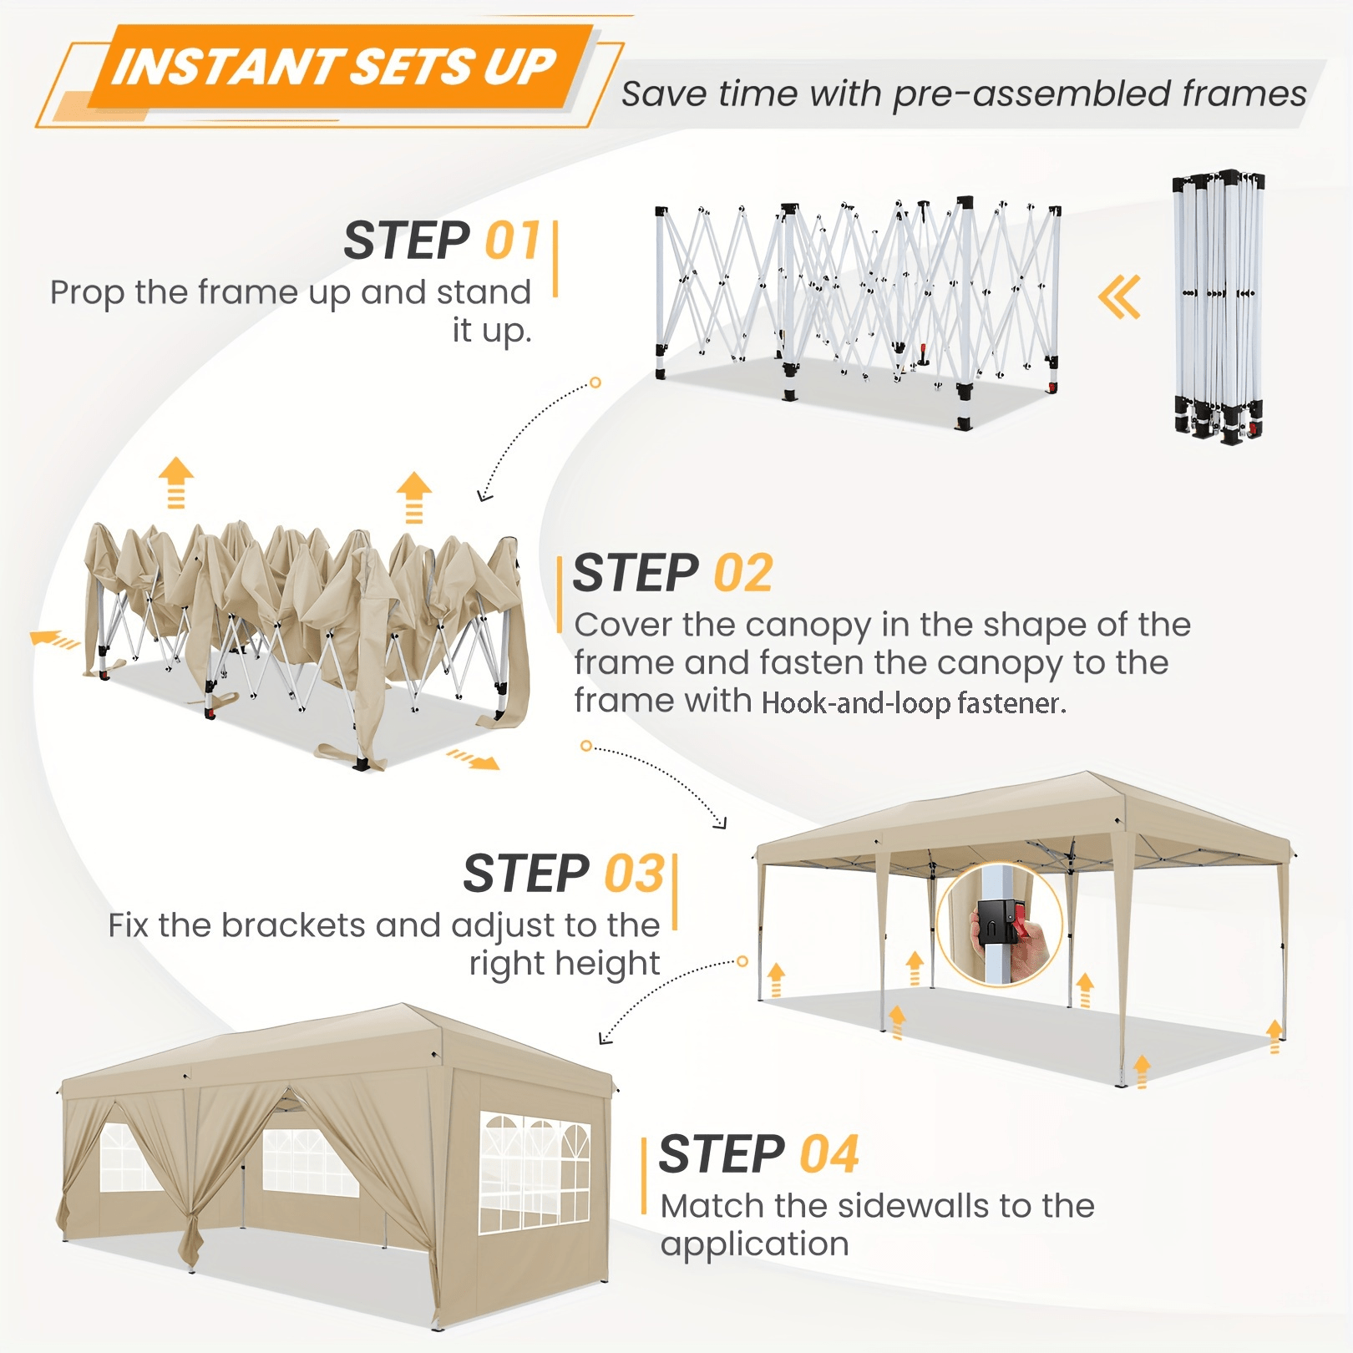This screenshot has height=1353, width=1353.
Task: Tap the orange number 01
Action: click(512, 241)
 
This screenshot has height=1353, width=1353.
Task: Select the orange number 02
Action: click(743, 573)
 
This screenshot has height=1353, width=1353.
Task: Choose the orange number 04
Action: click(829, 1154)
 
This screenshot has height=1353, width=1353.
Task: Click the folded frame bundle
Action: click(1219, 307)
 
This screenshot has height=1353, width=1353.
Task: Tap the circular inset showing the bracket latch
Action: click(999, 925)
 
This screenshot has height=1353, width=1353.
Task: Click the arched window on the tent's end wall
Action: click(535, 1173)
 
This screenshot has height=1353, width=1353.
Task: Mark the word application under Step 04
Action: click(754, 1244)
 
